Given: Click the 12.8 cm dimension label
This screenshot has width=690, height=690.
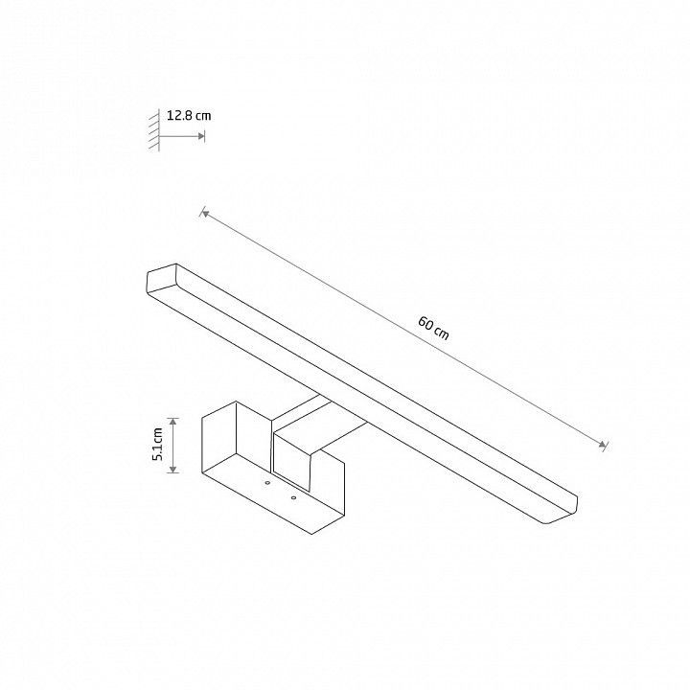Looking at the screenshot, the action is coord(189,116).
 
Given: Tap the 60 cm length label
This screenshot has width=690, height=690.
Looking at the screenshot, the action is coord(434,328).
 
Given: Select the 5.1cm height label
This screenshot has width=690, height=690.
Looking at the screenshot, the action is coord(157,444).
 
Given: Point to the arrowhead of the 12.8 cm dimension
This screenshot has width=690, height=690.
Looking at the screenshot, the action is coord(201,136).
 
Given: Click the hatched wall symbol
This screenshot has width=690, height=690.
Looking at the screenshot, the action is coord(154,129).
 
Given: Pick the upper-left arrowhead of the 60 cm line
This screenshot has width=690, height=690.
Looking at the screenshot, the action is coord(205,214).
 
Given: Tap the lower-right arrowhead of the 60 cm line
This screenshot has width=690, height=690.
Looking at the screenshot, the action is coord(603,445).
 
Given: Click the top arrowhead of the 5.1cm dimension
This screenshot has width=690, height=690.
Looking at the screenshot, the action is coord(173,422).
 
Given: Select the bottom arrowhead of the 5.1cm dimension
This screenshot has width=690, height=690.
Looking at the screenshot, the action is coord(173,469).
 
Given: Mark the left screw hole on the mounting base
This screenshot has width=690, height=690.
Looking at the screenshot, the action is coord(267,483).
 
